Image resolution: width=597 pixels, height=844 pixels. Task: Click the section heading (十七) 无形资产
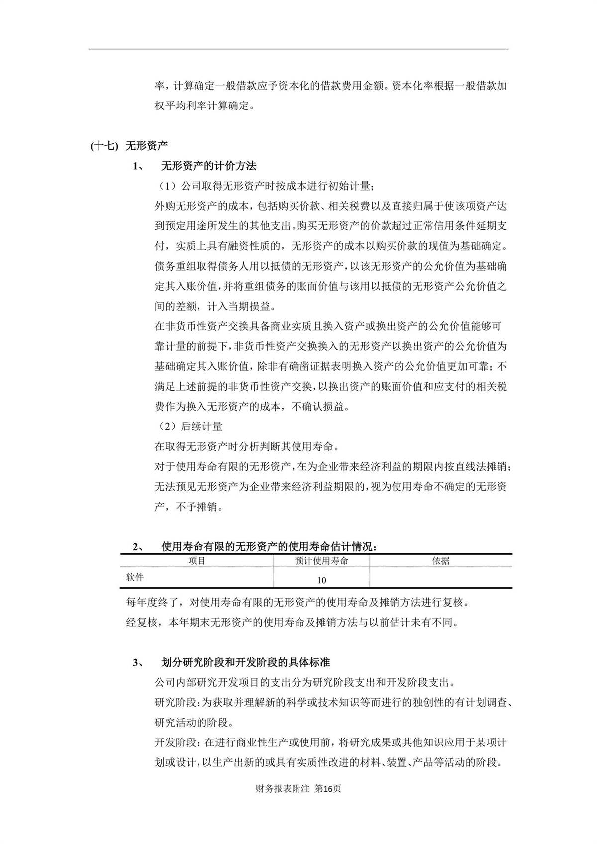click(x=129, y=145)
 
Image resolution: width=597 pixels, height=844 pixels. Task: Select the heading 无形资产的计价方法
click(x=208, y=166)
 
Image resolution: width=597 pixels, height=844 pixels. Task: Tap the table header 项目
click(x=197, y=561)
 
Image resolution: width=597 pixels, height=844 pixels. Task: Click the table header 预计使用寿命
click(x=321, y=561)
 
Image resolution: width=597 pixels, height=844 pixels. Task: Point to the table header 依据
click(x=441, y=561)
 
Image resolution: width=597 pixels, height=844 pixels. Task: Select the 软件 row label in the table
click(x=135, y=577)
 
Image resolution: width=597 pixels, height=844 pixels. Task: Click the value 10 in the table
click(x=321, y=580)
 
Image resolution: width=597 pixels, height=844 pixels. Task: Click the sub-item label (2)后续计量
click(x=189, y=426)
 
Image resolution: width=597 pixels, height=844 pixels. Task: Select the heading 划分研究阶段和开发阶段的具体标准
click(x=245, y=662)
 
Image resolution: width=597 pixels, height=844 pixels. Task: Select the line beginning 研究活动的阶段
click(x=194, y=722)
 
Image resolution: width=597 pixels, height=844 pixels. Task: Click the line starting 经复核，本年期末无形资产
click(x=292, y=622)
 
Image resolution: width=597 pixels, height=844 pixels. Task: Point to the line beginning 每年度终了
click(x=298, y=602)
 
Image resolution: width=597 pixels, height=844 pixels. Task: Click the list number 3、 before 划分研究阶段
click(x=138, y=663)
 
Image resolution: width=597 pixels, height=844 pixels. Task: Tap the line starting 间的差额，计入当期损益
click(x=218, y=306)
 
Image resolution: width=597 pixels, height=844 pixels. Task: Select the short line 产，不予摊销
click(x=189, y=507)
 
